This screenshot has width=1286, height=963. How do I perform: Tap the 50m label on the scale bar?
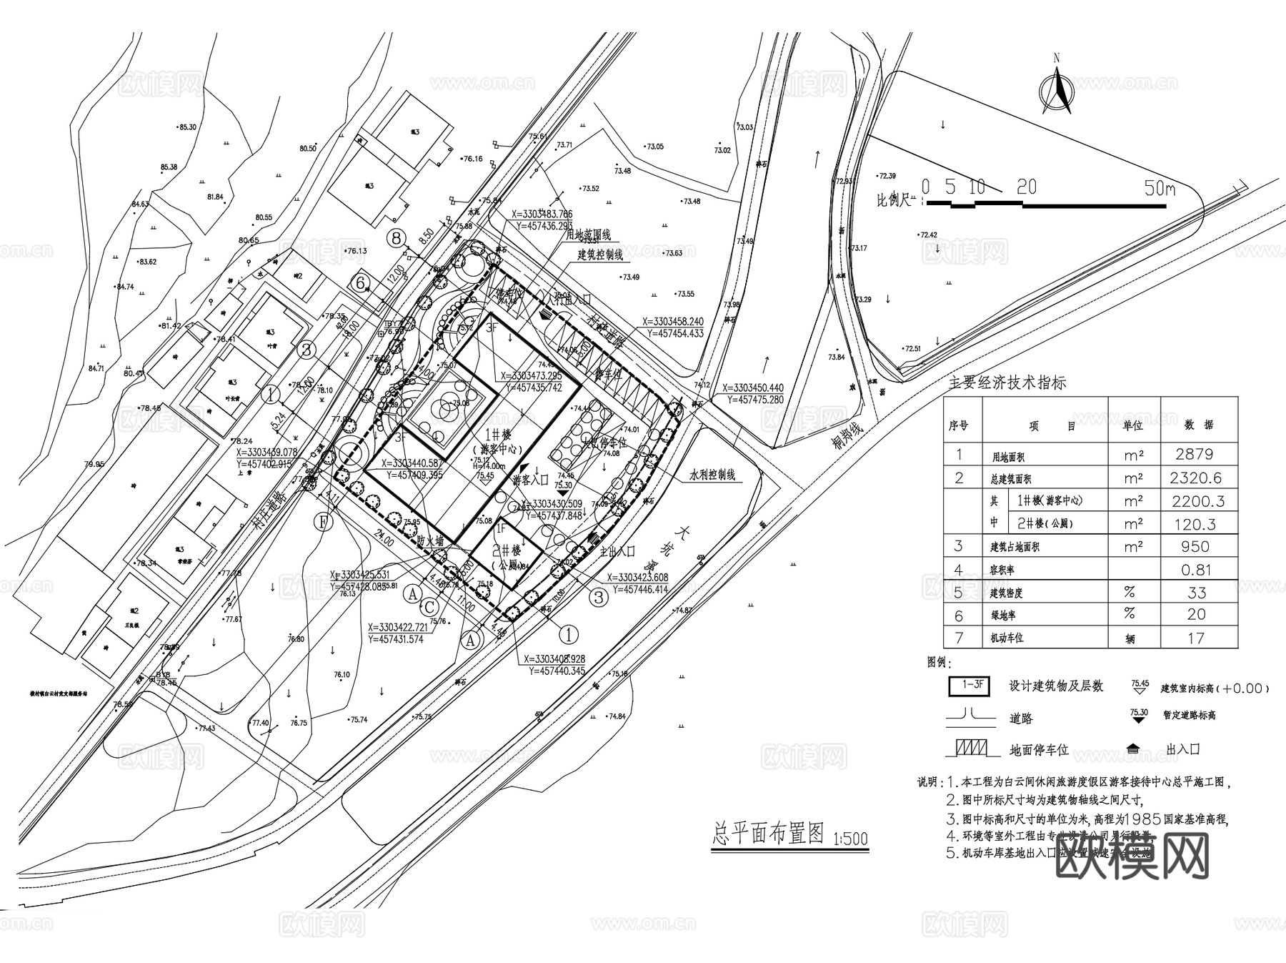click(1159, 189)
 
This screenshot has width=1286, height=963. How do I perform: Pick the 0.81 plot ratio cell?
click(1197, 570)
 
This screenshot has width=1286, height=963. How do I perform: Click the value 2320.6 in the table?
click(1197, 478)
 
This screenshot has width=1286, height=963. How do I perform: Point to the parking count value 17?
click(1197, 638)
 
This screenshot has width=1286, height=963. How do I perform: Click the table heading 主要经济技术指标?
click(1007, 382)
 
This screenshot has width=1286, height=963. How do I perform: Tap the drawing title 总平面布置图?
click(769, 833)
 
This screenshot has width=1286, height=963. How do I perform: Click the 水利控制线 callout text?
click(712, 475)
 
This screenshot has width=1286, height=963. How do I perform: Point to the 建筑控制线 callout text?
click(600, 255)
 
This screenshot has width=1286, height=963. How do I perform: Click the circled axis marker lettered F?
click(324, 522)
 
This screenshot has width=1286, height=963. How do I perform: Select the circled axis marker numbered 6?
click(361, 283)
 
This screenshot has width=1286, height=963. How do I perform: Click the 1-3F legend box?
click(969, 685)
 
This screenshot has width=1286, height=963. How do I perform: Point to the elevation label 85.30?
click(187, 127)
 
